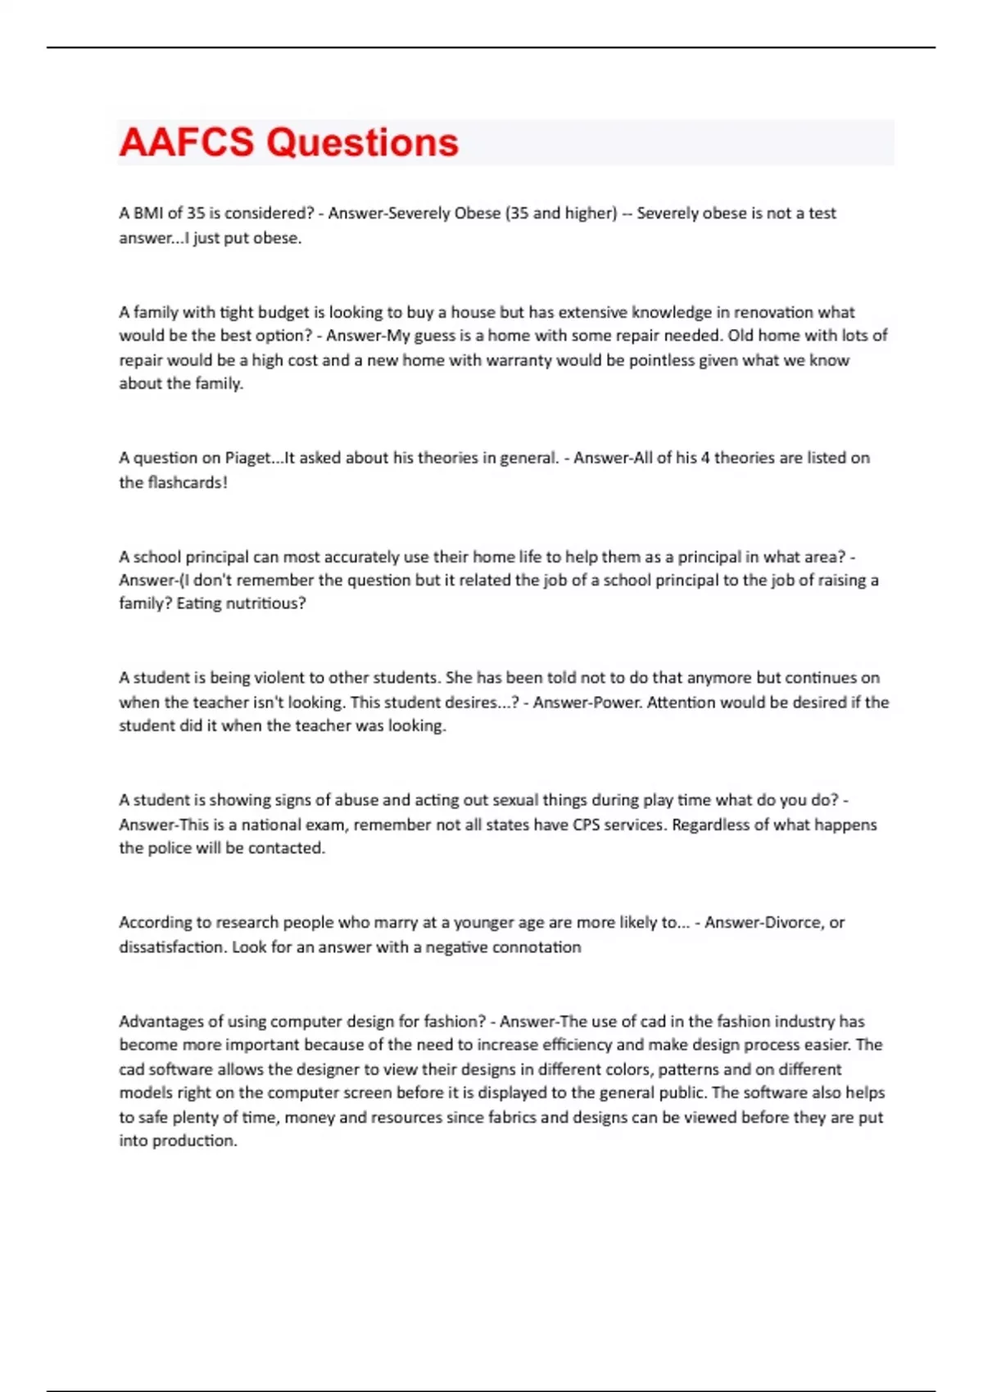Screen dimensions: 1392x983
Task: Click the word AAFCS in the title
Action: (x=186, y=142)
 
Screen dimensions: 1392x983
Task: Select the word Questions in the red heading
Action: (x=362, y=142)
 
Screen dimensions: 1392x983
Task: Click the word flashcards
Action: (x=184, y=482)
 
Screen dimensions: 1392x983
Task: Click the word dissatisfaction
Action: (x=172, y=947)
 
